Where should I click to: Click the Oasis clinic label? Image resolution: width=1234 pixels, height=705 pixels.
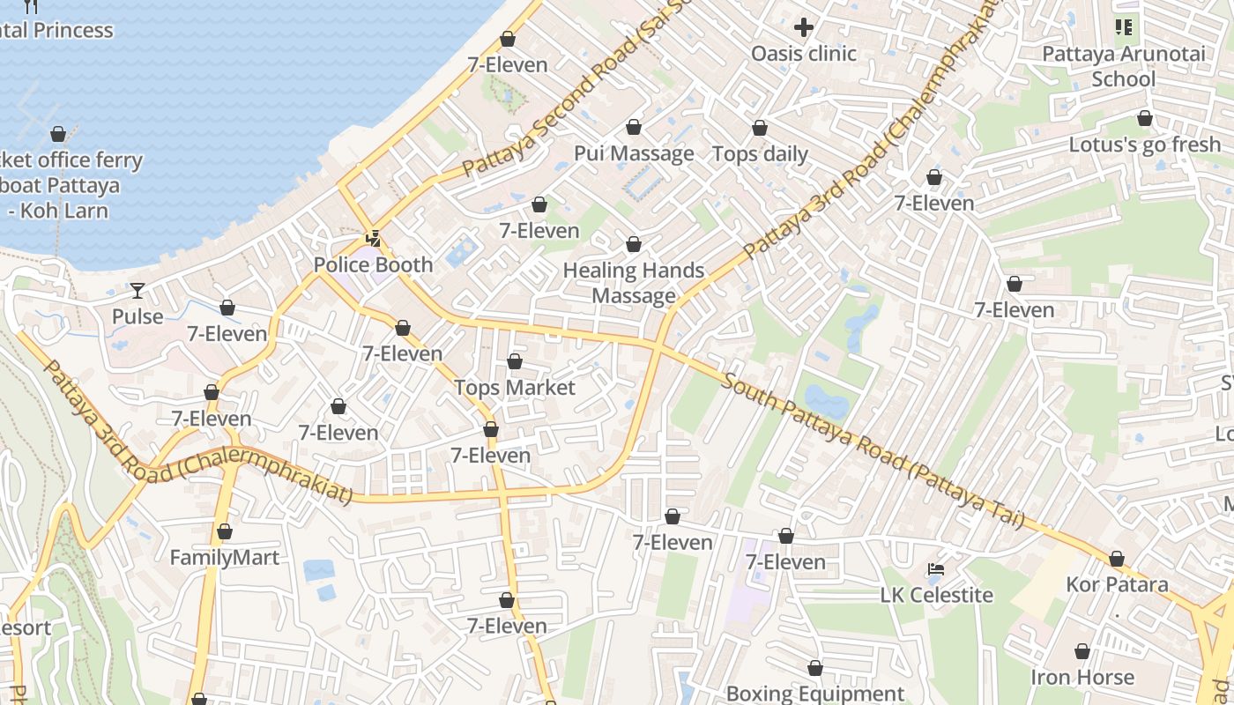[803, 54]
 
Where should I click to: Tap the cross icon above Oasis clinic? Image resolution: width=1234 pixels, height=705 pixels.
[804, 26]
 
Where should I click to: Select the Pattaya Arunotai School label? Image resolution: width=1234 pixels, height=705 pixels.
[1123, 66]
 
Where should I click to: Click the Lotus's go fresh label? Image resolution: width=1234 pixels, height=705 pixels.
[1144, 145]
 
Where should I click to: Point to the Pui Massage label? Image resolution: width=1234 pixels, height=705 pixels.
[634, 153]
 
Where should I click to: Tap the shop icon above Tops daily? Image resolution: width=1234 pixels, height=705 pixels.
[760, 129]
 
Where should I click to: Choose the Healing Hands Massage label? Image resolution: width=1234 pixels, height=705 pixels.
[634, 283]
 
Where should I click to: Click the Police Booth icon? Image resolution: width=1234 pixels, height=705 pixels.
[374, 238]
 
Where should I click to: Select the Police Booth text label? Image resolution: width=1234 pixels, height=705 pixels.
[374, 264]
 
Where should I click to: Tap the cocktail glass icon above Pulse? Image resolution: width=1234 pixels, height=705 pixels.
[138, 290]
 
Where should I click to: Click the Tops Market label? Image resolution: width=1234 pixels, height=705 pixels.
[515, 388]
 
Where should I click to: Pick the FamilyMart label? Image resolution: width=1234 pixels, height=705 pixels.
[224, 558]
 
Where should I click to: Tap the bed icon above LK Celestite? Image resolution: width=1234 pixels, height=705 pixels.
[936, 569]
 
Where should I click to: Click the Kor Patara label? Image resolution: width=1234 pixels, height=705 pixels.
[1117, 584]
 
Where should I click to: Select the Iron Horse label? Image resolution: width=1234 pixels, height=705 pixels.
[1082, 678]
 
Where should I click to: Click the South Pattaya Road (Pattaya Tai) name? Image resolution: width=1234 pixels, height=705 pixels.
[873, 450]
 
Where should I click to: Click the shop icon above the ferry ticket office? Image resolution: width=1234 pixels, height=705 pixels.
[58, 134]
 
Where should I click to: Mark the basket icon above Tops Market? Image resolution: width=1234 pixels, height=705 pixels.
[515, 361]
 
